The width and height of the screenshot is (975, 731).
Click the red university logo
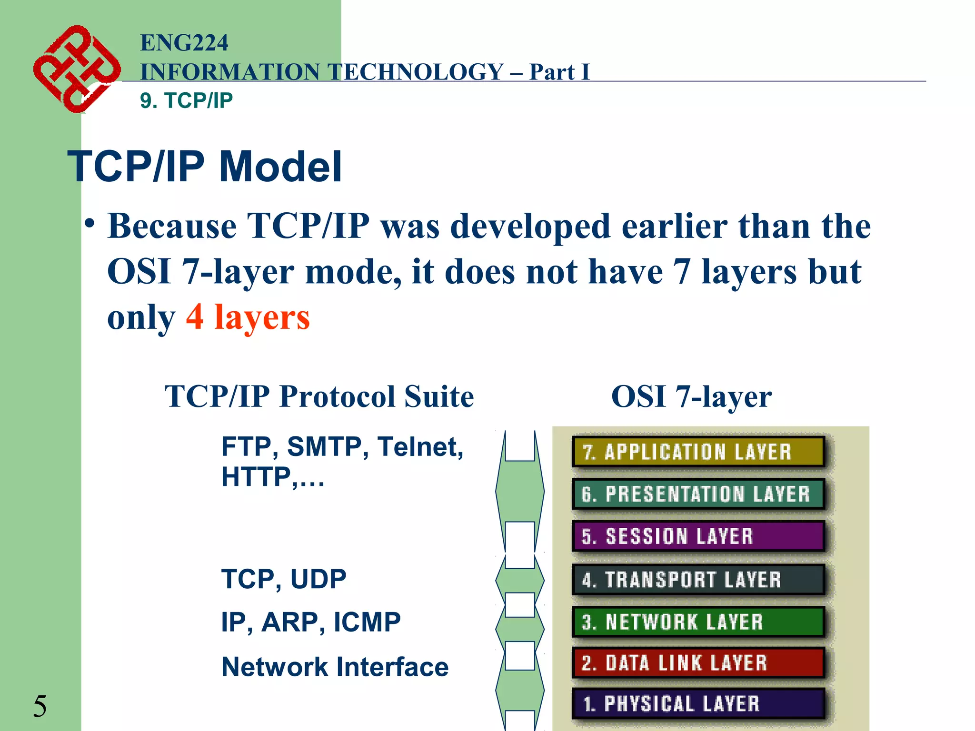[x=76, y=69]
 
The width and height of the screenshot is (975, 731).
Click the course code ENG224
[x=184, y=43]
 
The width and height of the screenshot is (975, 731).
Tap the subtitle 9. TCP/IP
[x=186, y=101]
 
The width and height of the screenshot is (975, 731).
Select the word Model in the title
[x=280, y=167]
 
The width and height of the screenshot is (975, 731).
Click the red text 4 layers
[x=248, y=317]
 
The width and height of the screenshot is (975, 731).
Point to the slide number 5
[x=40, y=706]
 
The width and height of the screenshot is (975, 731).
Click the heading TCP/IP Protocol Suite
[x=319, y=396]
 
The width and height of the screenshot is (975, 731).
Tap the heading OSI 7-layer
[x=691, y=396]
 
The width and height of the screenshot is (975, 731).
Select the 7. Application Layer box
[x=698, y=452]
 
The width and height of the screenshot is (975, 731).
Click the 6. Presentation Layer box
[x=698, y=494]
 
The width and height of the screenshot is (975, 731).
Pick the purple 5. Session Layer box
[x=698, y=536]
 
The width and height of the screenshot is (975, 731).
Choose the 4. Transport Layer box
[x=698, y=579]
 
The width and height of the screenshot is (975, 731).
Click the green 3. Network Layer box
[x=698, y=622]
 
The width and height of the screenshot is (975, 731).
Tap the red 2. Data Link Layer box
[x=698, y=662]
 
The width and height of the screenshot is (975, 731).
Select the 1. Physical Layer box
[x=698, y=703]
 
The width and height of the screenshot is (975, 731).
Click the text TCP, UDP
[x=284, y=579]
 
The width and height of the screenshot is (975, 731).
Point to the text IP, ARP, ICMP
[x=311, y=622]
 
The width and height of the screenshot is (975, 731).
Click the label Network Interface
[x=335, y=667]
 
